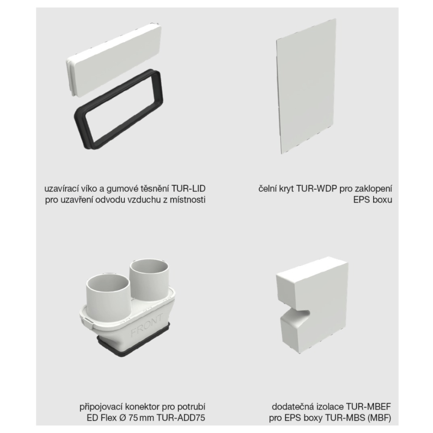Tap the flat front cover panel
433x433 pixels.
point(306,86)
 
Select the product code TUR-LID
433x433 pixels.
point(188,189)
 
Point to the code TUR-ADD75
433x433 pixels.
point(181,418)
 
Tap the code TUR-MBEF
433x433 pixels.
point(368,407)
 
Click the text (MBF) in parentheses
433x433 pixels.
point(379,418)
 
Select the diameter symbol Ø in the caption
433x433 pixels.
point(123,418)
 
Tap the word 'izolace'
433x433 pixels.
point(330,407)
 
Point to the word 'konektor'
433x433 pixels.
point(142,407)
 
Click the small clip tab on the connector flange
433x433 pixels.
point(87,322)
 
